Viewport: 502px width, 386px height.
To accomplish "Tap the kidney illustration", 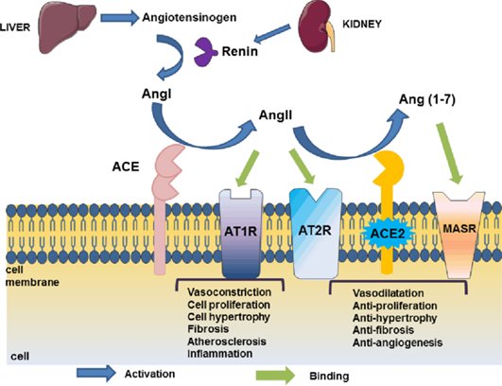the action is pos(317,28).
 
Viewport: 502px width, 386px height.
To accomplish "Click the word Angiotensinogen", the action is pos(189,17).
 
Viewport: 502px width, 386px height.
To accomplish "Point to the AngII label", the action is pos(275,114).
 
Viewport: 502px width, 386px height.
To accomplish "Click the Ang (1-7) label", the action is pos(427,100).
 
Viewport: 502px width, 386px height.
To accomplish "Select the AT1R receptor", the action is pos(241,234).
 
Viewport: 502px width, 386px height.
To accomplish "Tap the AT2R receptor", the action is pos(316,234).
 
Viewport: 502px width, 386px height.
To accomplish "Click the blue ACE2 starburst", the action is pos(388,233).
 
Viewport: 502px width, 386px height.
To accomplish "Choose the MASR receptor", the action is pos(459,235).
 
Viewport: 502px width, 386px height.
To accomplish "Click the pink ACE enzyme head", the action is pos(167,172).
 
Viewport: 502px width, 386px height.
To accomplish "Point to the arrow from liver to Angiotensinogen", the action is pos(120,17).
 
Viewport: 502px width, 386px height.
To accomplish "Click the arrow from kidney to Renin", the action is pos(272,34).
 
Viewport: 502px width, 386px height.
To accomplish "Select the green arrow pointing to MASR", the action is pos(450,153).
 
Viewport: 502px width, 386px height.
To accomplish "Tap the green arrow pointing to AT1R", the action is pos(248,167).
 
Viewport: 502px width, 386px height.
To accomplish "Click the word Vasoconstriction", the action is pos(229,292).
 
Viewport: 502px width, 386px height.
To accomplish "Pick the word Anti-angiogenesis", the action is pos(398,342).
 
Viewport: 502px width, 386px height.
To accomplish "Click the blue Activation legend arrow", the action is pos(96,373).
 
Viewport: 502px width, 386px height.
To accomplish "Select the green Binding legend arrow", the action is pos(276,375).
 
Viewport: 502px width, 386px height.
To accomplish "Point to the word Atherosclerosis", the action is pos(227,342).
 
